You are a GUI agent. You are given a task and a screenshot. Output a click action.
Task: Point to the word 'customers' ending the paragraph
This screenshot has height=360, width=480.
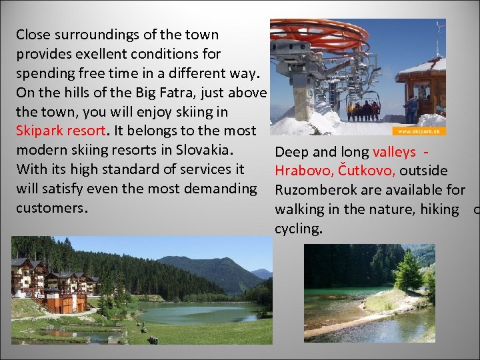coord(51,207)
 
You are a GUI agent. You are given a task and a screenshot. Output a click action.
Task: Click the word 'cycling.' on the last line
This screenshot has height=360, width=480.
coord(299,229)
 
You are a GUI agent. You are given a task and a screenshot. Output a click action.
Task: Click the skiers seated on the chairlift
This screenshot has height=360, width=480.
coord(363,111)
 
